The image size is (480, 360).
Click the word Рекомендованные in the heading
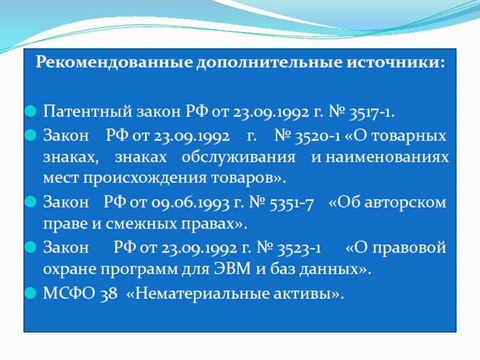coord(114,62)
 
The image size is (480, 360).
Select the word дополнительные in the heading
coord(269,63)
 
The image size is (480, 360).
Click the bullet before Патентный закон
coord(30,111)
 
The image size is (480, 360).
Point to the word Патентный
coord(88,111)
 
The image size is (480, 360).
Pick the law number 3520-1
coord(317,136)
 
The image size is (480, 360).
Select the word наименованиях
coord(387,157)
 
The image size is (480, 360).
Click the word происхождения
coord(145,178)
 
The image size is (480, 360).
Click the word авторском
coord(405,203)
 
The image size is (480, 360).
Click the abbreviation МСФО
coord(69,293)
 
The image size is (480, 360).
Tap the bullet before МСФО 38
coord(30,293)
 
